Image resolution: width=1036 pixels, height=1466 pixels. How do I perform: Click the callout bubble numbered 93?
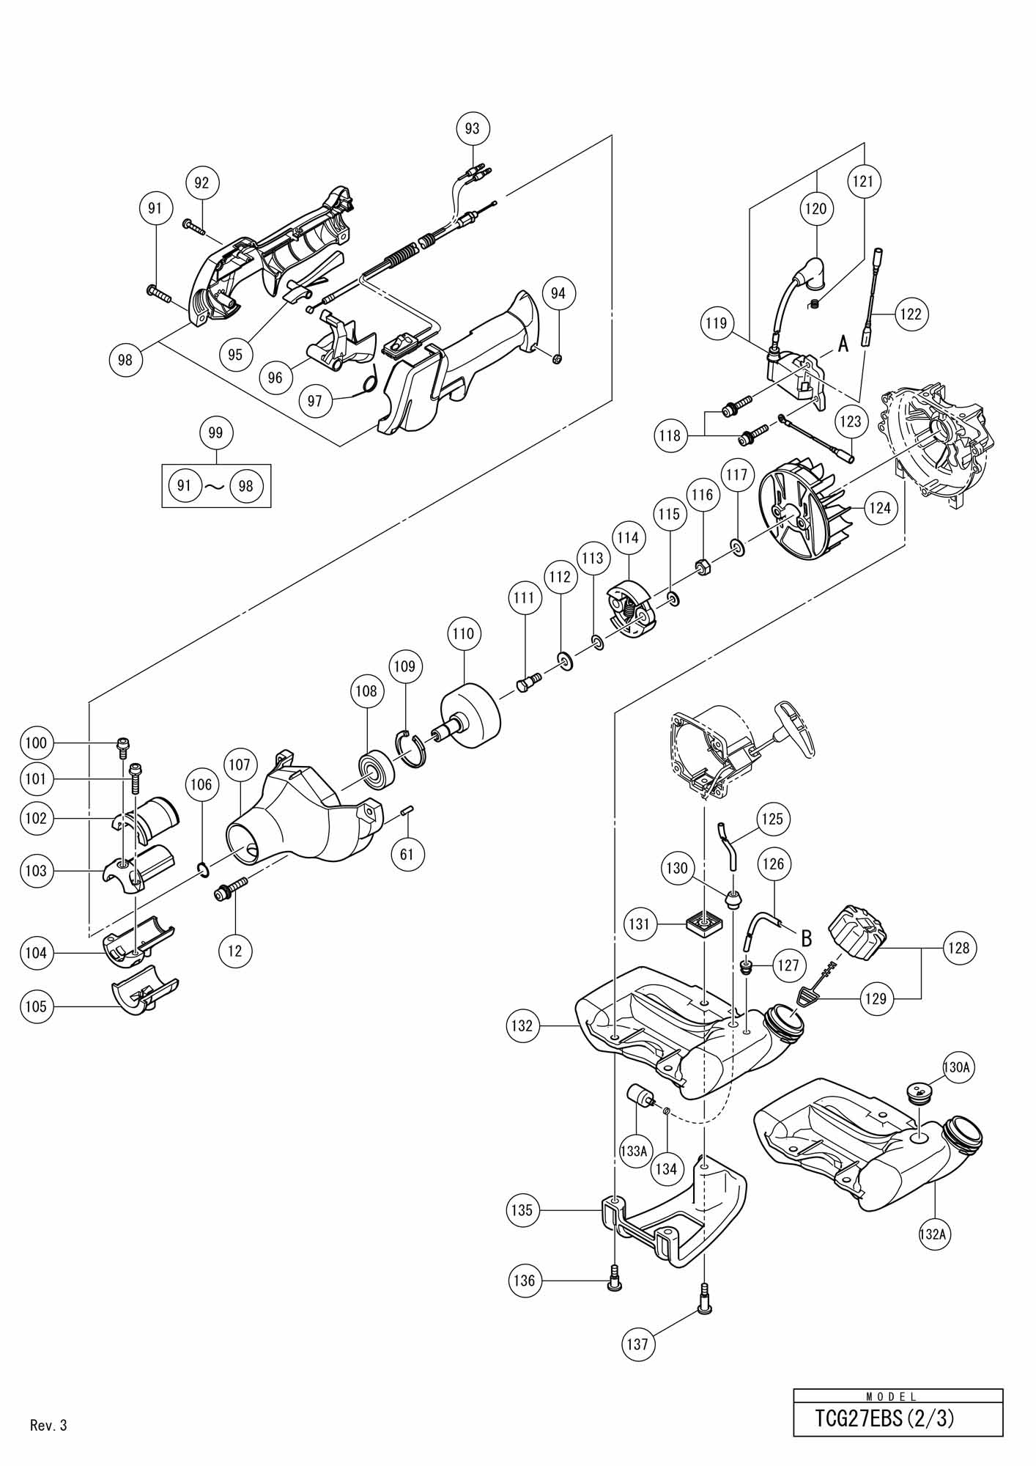click(473, 129)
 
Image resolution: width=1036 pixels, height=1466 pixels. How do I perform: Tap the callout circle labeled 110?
click(463, 633)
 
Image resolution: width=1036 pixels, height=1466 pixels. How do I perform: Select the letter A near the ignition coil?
click(843, 343)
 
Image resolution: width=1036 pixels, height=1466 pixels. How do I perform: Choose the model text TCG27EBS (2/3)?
click(885, 1418)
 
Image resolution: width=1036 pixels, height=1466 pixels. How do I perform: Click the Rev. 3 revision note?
click(48, 1426)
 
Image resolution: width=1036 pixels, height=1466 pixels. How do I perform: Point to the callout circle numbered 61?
click(407, 854)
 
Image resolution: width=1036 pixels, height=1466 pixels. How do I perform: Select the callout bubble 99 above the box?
click(215, 433)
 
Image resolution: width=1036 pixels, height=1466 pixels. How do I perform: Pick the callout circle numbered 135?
click(522, 1210)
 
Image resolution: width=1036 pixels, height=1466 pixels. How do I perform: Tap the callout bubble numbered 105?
click(36, 1006)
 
